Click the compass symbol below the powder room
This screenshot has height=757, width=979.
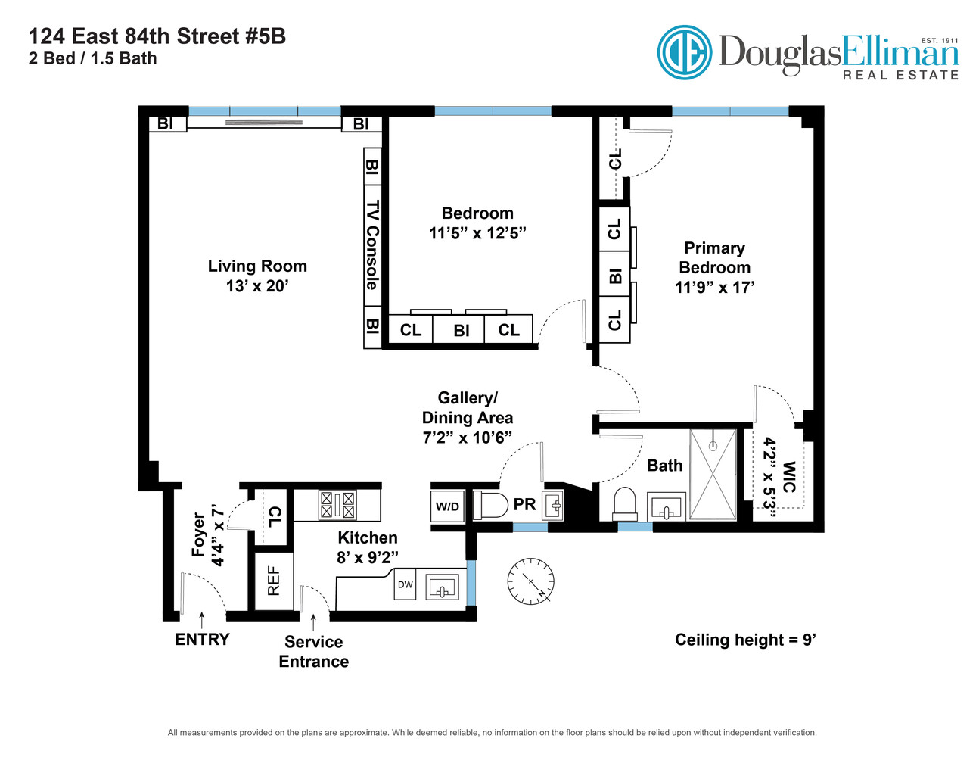pyautogui.click(x=531, y=581)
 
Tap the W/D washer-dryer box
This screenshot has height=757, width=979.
pyautogui.click(x=447, y=506)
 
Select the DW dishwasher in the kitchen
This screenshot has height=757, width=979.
pyautogui.click(x=406, y=585)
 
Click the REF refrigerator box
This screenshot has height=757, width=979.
pyautogui.click(x=273, y=581)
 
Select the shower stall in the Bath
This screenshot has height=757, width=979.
pyautogui.click(x=713, y=474)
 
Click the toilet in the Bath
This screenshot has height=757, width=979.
pyautogui.click(x=625, y=503)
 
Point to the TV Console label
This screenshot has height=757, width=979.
pyautogui.click(x=372, y=245)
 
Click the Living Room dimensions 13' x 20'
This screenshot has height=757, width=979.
pyautogui.click(x=257, y=286)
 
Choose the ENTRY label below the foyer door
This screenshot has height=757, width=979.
pyautogui.click(x=202, y=640)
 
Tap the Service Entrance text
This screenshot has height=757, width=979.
pyautogui.click(x=313, y=652)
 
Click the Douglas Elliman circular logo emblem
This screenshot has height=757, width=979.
pyautogui.click(x=684, y=52)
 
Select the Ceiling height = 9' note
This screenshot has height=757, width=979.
pyautogui.click(x=745, y=640)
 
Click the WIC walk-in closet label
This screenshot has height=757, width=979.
pyautogui.click(x=789, y=477)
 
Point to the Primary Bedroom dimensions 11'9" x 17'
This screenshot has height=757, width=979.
pyautogui.click(x=714, y=288)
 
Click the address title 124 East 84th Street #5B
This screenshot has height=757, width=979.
pyautogui.click(x=157, y=36)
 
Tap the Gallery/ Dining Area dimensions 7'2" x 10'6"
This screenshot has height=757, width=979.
pyautogui.click(x=467, y=438)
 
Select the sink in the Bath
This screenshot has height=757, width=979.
pyautogui.click(x=667, y=508)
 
